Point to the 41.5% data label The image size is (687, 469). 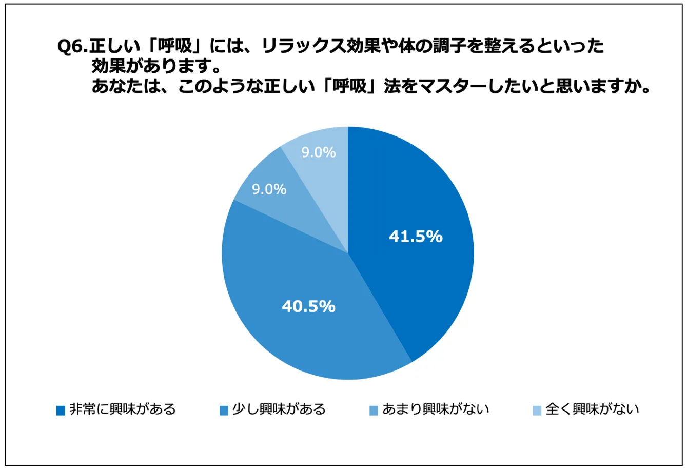click(416, 237)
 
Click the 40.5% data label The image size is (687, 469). click(308, 306)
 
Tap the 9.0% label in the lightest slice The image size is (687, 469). click(319, 152)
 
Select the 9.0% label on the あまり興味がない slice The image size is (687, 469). click(269, 189)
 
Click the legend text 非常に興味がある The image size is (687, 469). click(123, 409)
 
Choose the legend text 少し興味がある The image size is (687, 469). click(279, 409)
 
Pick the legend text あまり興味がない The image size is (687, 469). click(436, 409)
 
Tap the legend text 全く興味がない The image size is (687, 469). click(592, 409)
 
